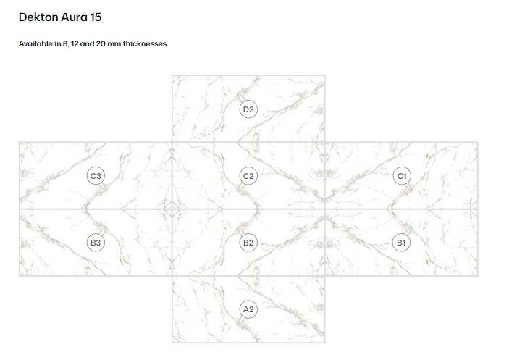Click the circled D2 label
tap(248, 109)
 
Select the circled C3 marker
tap(96, 176)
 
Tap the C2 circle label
tap(248, 176)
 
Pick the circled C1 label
tap(402, 176)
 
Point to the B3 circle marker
tap(96, 243)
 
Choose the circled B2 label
tap(248, 243)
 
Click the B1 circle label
tap(401, 243)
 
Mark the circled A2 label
tap(248, 309)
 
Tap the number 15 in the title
tap(96, 17)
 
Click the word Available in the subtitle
tap(35, 43)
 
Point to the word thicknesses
tap(145, 43)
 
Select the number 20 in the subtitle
tap(101, 43)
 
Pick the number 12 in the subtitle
tap(75, 43)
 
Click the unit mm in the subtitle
tap(114, 44)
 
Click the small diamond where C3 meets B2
tap(172, 209)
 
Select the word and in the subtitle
tap(87, 43)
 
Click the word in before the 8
tap(58, 43)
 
